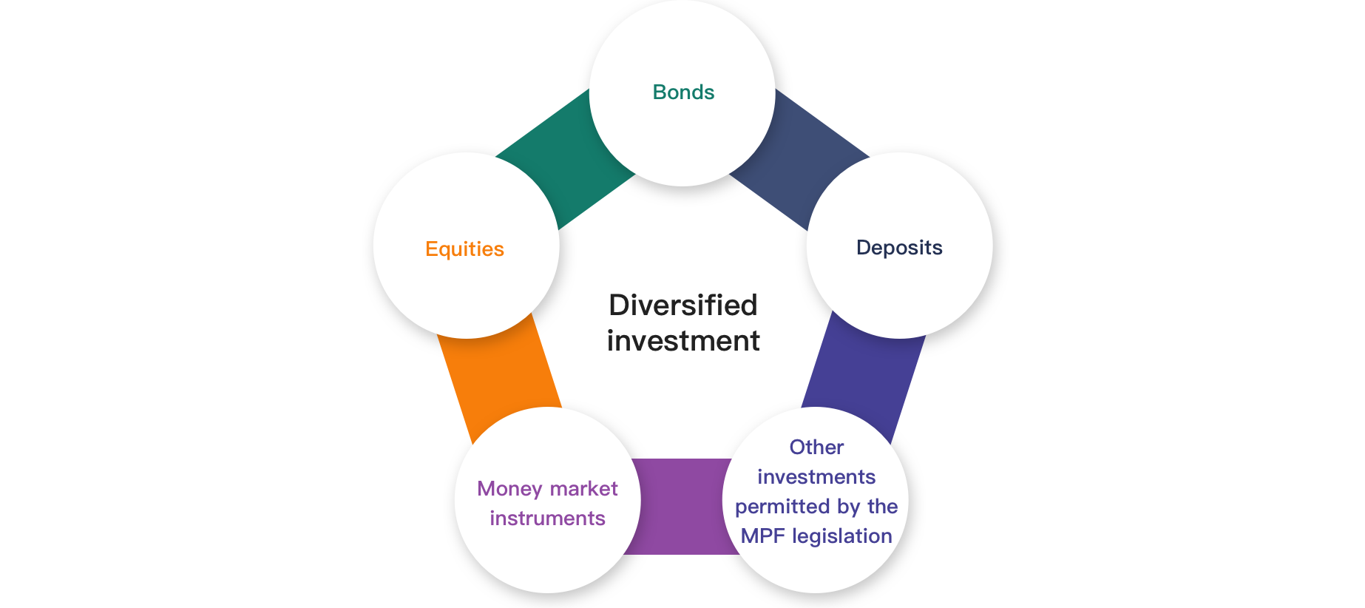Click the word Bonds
683,92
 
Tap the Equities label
464,249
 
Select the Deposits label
899,248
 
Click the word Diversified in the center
683,305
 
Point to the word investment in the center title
683,341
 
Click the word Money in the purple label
510,489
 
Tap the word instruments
547,518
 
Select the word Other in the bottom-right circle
816,447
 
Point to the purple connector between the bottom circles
681,507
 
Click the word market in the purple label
583,489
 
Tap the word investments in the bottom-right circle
816,477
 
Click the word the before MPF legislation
883,507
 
